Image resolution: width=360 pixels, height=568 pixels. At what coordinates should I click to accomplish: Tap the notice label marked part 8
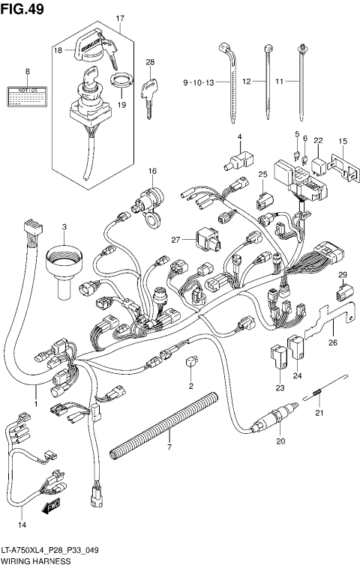28,94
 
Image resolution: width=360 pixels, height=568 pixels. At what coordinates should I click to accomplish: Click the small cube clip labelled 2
190,362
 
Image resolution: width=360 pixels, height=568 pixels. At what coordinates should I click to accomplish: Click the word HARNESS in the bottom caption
62,561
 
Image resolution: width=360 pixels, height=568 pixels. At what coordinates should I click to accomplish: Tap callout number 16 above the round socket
151,171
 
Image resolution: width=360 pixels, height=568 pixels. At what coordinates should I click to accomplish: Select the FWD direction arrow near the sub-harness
51,509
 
